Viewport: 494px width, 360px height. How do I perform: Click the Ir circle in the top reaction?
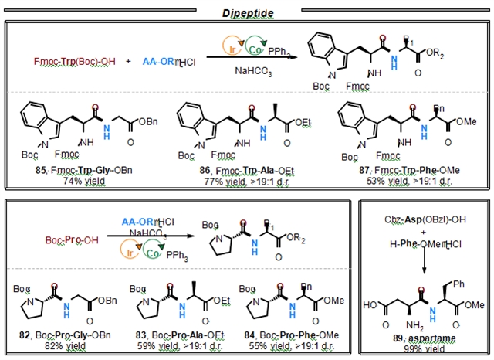218,46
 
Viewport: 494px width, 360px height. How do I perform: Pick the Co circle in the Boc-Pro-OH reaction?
151,252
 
